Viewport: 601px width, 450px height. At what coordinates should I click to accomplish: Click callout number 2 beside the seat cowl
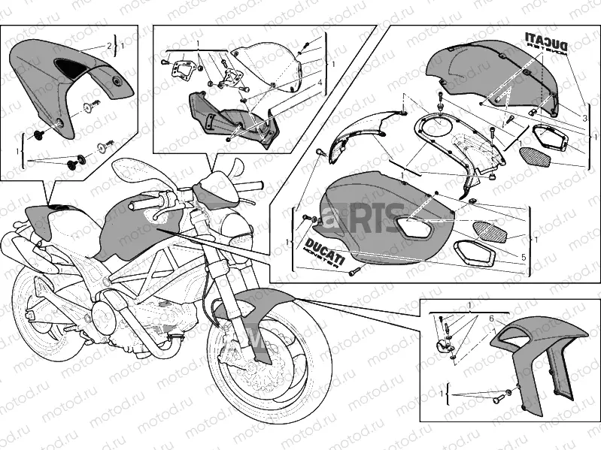[x=109, y=47]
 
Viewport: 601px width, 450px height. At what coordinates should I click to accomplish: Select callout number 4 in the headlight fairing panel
[x=319, y=82]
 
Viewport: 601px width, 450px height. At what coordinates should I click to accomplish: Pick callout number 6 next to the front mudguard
[x=492, y=319]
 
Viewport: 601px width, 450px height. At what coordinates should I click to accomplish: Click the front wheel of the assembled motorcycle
[x=267, y=360]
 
